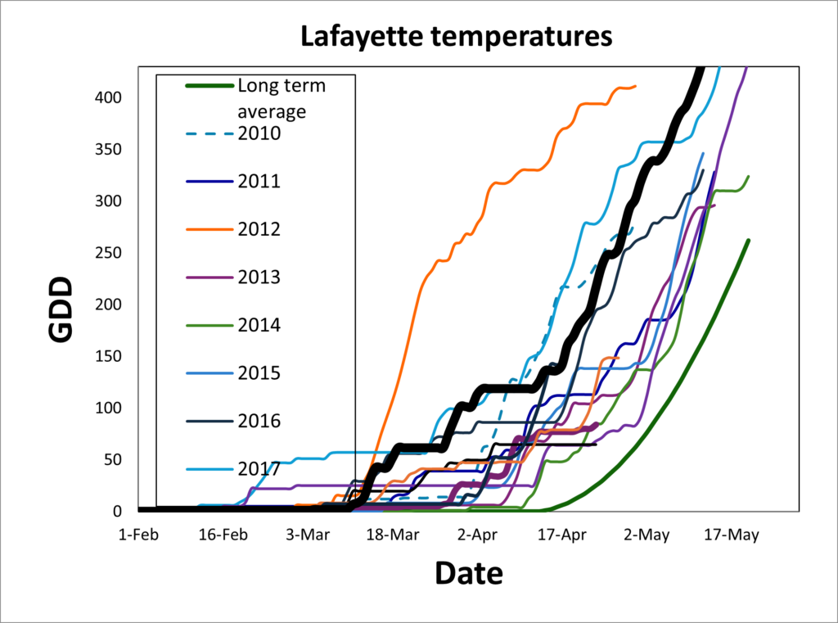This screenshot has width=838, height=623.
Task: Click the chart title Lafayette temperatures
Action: point(456,37)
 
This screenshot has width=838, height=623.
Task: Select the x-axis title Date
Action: point(468,573)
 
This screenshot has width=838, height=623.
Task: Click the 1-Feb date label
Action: point(137,535)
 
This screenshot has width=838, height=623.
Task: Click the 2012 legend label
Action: point(259,229)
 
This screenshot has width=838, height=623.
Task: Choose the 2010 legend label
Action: point(259,133)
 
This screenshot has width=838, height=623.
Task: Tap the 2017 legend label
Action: point(259,469)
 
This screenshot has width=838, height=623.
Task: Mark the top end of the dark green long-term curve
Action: point(748,241)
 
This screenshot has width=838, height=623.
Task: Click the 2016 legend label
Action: point(259,421)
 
